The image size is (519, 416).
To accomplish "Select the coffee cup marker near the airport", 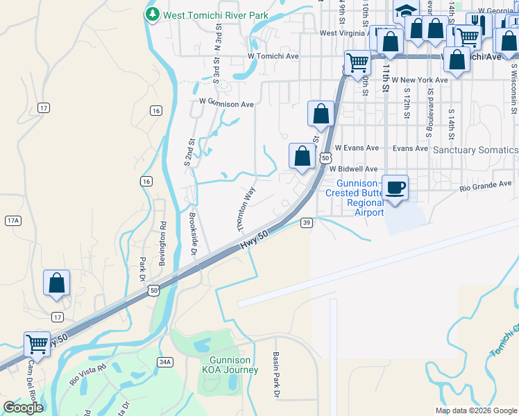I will coord(395,188).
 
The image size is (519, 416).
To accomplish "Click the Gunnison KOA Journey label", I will coord(234,365).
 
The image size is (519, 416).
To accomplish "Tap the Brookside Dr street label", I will coord(194,232).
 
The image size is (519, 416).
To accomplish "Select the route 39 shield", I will coord(307,223).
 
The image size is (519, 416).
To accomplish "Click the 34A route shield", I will coord(164,361).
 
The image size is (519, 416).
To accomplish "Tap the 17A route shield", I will coord(12,220).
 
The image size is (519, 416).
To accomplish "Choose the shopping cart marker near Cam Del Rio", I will coord(37,343).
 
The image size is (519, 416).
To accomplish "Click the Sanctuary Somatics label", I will coord(475,150).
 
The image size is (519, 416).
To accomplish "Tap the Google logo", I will coord(23,408).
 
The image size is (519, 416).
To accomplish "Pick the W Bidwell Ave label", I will coord(353,168).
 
